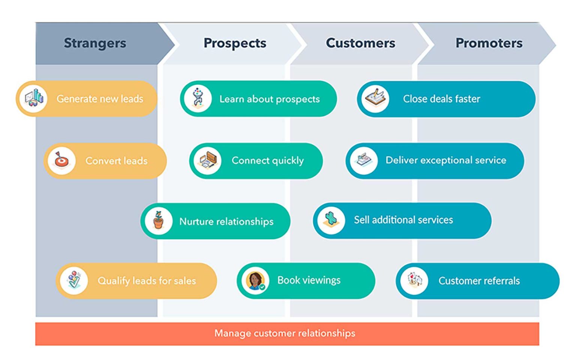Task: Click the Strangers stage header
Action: click(95, 43)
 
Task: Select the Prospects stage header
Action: click(235, 43)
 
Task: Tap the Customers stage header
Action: click(360, 43)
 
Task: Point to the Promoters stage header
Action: click(489, 43)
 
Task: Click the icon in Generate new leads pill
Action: click(34, 99)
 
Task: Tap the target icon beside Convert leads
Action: click(61, 160)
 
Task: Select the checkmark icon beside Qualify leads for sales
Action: click(74, 280)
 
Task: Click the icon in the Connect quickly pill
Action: click(207, 160)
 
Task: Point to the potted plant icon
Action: click(159, 221)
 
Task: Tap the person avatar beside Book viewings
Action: click(255, 280)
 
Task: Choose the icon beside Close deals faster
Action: click(375, 99)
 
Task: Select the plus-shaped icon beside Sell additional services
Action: click(331, 220)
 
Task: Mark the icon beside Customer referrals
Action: click(414, 280)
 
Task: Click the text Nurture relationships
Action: click(226, 222)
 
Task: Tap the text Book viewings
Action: click(309, 280)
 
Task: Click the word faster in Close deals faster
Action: click(467, 99)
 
